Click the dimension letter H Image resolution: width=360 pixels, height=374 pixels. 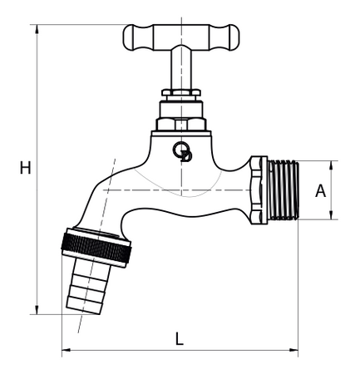click(25, 168)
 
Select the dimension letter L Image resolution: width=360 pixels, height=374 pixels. click(179, 338)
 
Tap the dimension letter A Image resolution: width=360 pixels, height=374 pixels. click(319, 190)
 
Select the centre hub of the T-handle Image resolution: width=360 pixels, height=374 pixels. click(180, 37)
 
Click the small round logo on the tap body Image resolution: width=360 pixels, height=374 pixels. click(181, 151)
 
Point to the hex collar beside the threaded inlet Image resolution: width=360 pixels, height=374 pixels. click(259, 190)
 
